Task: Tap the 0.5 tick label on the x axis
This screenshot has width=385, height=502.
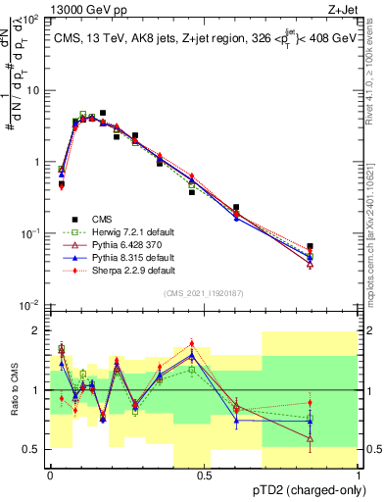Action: pyautogui.click(x=205, y=476)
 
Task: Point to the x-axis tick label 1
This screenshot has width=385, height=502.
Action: pyautogui.click(x=359, y=476)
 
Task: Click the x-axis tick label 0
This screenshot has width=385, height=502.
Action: pyautogui.click(x=50, y=476)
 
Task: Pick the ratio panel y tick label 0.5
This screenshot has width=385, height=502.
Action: pyautogui.click(x=30, y=449)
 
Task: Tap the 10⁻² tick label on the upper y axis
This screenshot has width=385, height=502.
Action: pyautogui.click(x=29, y=305)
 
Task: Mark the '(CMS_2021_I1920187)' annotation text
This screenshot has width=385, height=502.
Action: pyautogui.click(x=205, y=293)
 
